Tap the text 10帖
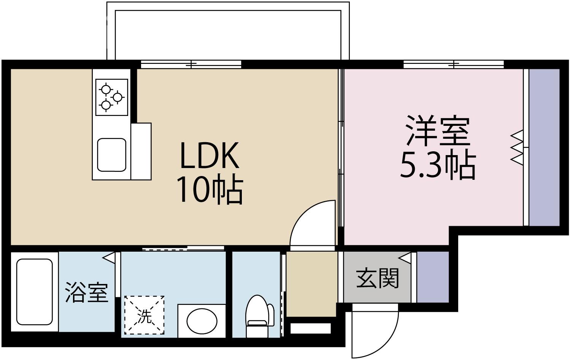(210, 189)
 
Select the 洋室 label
(438, 131)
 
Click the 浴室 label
(87, 292)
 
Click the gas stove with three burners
(111, 97)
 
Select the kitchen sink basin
(111, 155)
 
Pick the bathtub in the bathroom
(35, 292)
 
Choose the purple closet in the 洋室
(544, 147)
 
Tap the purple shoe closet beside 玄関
(433, 276)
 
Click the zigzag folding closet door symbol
(517, 147)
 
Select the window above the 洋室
(454, 64)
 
